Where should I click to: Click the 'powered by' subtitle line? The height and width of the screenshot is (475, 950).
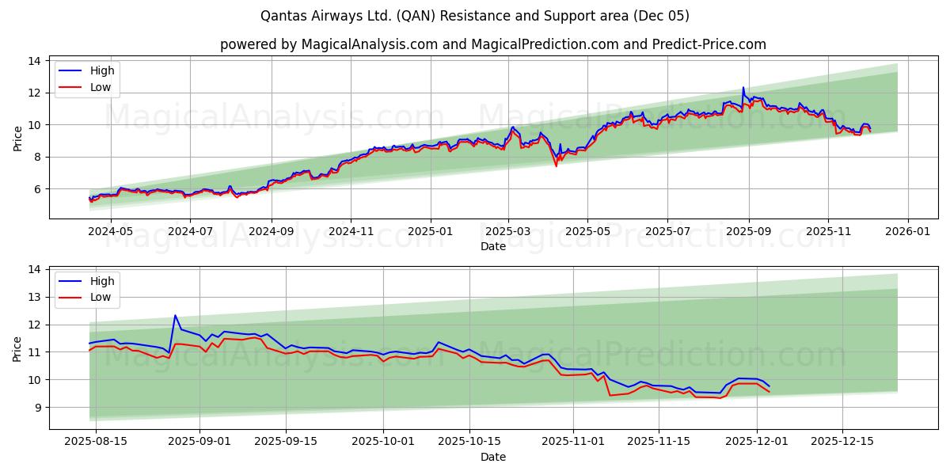tap(492, 44)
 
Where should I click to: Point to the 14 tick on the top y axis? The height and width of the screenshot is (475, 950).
tap(34, 61)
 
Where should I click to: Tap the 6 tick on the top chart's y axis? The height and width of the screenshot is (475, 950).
tap(37, 189)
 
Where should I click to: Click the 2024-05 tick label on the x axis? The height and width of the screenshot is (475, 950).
tap(110, 232)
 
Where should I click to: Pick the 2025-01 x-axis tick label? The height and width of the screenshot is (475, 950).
tap(431, 232)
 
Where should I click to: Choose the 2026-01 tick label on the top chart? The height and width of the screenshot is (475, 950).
tap(907, 232)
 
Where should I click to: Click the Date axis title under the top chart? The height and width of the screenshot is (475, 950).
tap(492, 246)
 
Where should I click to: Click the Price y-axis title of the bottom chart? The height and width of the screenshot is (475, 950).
tap(17, 348)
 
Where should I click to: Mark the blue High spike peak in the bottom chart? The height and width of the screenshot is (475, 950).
tap(175, 315)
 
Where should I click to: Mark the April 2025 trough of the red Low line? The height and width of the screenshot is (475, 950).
tap(556, 165)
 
